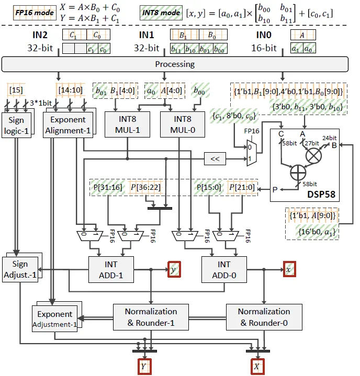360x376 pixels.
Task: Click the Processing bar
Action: click(175, 64)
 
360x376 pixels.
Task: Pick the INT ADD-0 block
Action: click(224, 270)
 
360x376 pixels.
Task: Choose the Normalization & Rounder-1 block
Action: click(151, 317)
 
